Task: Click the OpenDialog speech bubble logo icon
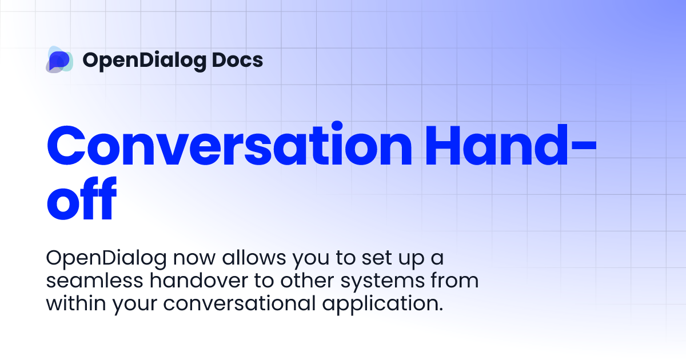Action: (59, 59)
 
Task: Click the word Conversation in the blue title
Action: (229, 147)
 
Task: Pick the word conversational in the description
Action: (239, 303)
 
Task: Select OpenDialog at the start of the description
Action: (106, 259)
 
